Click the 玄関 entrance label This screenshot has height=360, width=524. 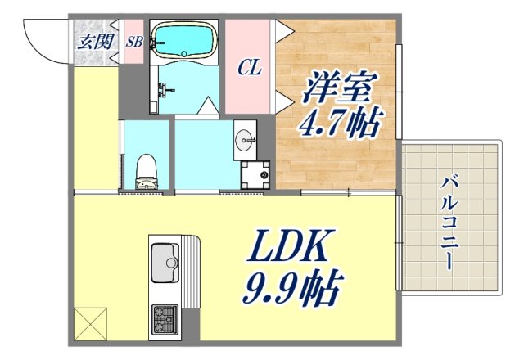tap(93, 42)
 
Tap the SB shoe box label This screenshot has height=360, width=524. tap(134, 42)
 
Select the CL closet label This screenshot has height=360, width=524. tap(250, 68)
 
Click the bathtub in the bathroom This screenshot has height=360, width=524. tap(183, 38)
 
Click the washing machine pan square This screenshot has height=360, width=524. tap(255, 174)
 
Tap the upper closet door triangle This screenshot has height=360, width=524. tap(284, 31)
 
